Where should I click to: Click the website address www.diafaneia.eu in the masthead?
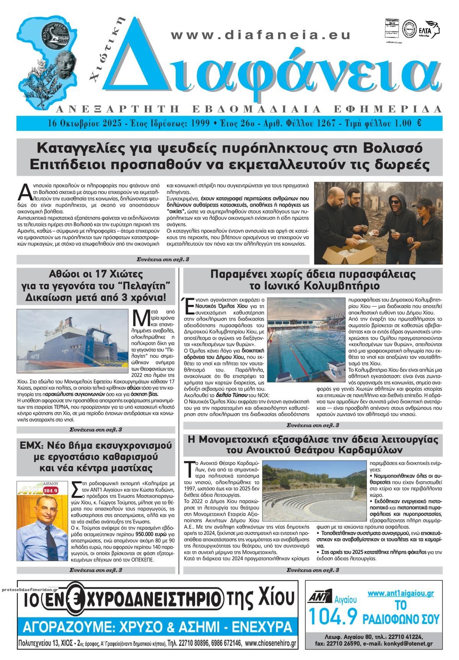(x=261, y=35)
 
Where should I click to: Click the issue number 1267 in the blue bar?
(x=326, y=123)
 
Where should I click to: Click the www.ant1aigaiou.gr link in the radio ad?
(x=400, y=593)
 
